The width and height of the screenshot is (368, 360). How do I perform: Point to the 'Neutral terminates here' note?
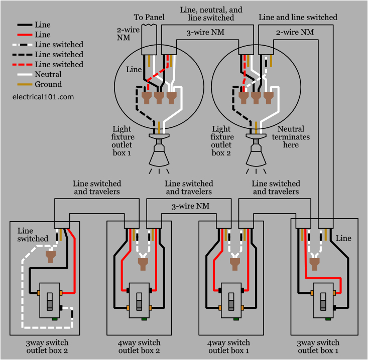(291, 137)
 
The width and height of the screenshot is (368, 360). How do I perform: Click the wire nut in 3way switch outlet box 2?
(50, 257)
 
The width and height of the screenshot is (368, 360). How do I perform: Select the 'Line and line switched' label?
(298, 17)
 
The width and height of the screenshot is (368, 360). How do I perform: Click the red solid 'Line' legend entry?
(43, 35)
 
